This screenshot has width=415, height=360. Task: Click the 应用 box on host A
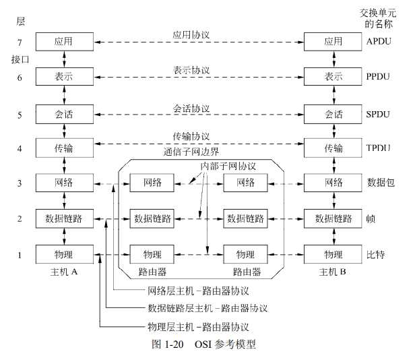[65, 42]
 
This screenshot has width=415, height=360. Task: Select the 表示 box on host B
[333, 77]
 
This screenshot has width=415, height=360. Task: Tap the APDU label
[379, 41]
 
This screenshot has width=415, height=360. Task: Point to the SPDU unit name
[378, 114]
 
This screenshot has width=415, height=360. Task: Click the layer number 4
[20, 148]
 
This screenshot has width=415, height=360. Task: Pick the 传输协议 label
[191, 136]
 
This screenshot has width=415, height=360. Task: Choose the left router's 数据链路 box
[152, 218]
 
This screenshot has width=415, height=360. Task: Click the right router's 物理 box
[245, 254]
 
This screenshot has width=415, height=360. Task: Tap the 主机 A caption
[64, 272]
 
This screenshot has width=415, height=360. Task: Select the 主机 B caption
[332, 272]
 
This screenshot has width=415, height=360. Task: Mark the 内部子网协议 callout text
[228, 166]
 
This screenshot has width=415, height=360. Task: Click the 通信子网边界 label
[191, 152]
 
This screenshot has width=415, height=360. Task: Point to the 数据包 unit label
[381, 183]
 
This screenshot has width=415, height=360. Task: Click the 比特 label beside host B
[375, 255]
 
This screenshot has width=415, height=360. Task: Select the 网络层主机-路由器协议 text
[198, 291]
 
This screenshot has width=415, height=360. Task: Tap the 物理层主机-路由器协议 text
[198, 327]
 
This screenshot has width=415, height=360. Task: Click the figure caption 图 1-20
[168, 344]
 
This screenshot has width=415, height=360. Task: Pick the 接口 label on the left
[20, 59]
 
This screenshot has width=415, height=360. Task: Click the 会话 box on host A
[65, 114]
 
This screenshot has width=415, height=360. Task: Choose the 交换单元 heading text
[378, 13]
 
